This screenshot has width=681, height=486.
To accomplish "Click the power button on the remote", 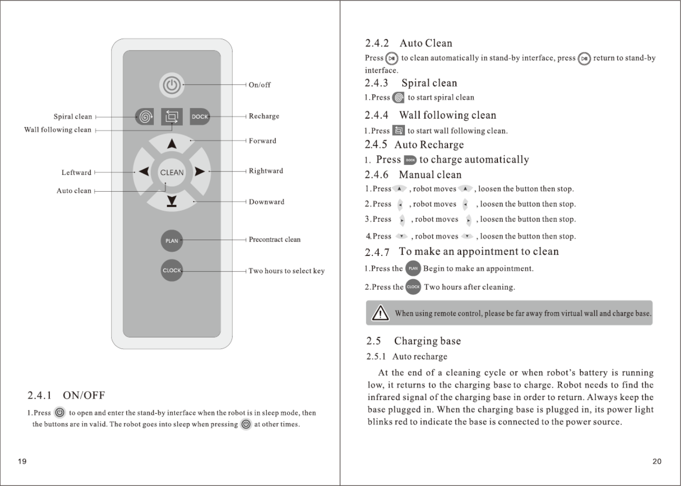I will click(172, 85).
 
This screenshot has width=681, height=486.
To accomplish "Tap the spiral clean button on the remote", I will click(144, 117).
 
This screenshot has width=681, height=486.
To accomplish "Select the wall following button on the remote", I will click(172, 117).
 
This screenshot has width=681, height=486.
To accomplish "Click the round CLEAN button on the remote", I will click(172, 172).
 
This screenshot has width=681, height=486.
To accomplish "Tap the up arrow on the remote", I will click(172, 143).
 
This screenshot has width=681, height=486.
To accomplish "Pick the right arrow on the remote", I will click(200, 171).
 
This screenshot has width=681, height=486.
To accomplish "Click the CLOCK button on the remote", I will click(172, 271).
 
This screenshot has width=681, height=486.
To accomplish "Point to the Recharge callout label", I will click(264, 116).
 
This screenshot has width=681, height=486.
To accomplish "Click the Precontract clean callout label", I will click(275, 239).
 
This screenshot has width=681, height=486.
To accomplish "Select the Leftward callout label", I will click(76, 172).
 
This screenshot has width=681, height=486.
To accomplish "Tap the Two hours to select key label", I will click(286, 271).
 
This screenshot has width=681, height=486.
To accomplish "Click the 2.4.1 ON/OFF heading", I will click(66, 395).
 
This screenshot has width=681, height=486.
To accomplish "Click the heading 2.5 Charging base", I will click(413, 341).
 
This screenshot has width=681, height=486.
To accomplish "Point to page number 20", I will click(656, 461).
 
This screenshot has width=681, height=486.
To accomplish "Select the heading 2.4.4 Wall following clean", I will click(430, 115).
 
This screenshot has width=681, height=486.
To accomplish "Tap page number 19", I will click(22, 461).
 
